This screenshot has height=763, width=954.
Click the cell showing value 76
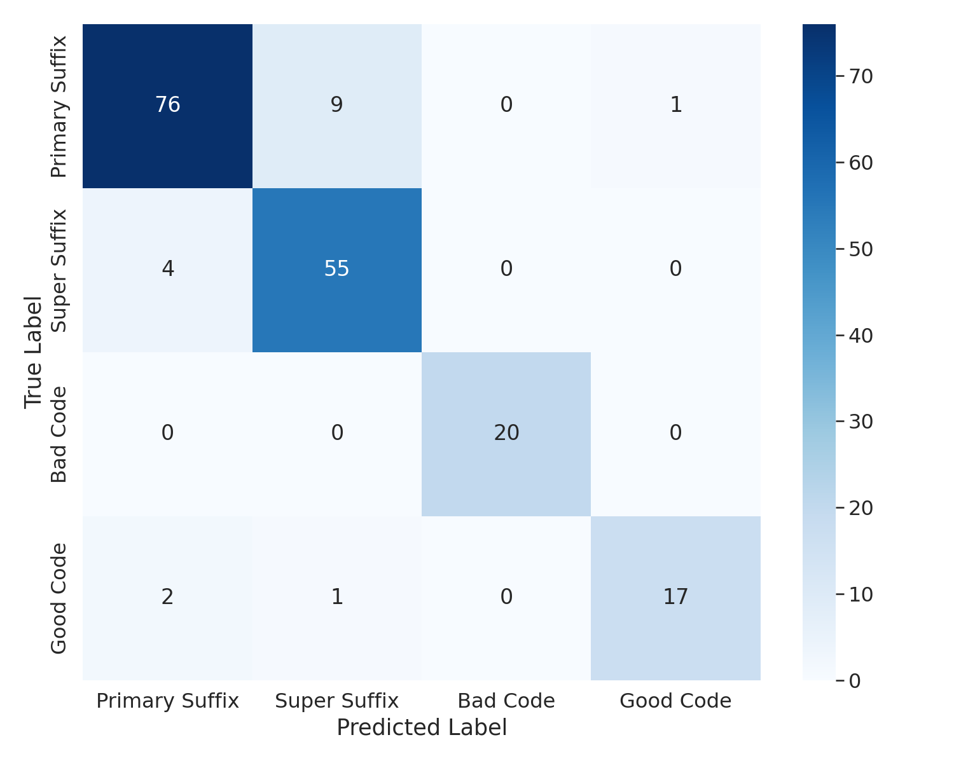(167, 106)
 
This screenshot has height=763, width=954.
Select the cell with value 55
(336, 270)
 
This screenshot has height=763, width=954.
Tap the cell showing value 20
(506, 434)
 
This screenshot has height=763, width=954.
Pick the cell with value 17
(675, 598)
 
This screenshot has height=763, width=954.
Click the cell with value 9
(336, 106)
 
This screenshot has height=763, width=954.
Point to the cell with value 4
(167, 270)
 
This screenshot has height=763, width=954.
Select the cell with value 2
(167, 598)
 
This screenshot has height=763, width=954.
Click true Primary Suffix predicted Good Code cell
(675, 106)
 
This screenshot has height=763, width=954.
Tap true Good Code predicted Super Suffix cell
(336, 598)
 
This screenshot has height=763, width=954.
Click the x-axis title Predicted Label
(422, 728)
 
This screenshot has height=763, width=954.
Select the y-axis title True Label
(33, 352)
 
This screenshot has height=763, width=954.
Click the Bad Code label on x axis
(506, 701)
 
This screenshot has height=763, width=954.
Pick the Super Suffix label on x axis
(336, 701)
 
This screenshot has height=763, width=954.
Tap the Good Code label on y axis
(59, 598)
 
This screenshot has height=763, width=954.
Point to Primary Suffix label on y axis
(59, 107)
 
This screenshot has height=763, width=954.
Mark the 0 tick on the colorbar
(855, 681)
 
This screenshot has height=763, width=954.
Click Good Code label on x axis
(675, 701)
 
